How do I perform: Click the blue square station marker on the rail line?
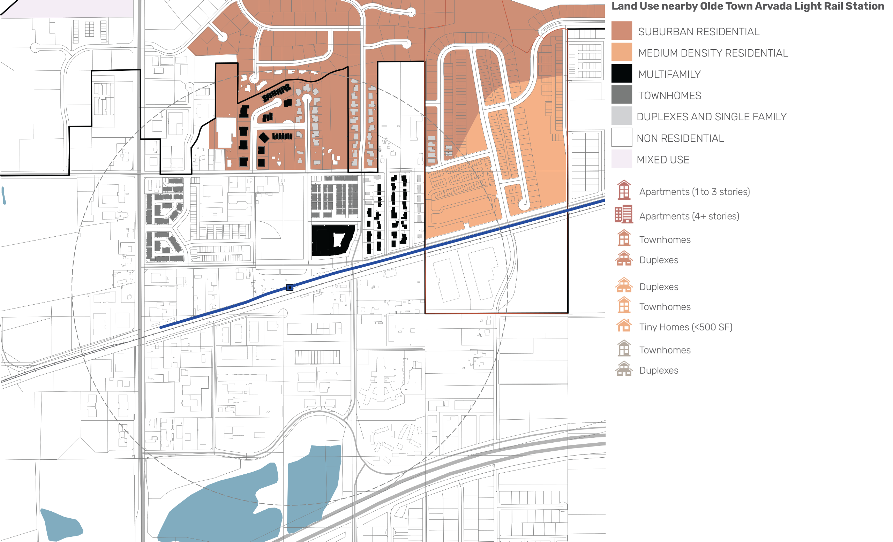coord(290,288)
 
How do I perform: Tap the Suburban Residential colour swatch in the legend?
coord(622,31)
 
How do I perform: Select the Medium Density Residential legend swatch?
coord(622,52)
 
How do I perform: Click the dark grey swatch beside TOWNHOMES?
coord(622,95)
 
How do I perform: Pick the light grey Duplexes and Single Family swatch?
coord(622,116)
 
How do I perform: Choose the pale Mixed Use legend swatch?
coord(622,159)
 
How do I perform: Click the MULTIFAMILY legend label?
coord(669,75)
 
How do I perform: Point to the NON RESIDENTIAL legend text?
coord(680,138)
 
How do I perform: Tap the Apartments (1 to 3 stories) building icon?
coord(624,190)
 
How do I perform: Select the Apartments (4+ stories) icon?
coord(624,214)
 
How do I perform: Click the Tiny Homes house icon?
coord(624,325)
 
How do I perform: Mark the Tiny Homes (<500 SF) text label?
coord(685,327)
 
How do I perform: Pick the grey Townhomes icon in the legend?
coord(624,348)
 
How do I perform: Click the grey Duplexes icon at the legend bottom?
coord(624,369)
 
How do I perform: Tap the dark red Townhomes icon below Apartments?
coord(624,238)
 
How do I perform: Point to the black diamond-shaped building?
coord(264,138)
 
